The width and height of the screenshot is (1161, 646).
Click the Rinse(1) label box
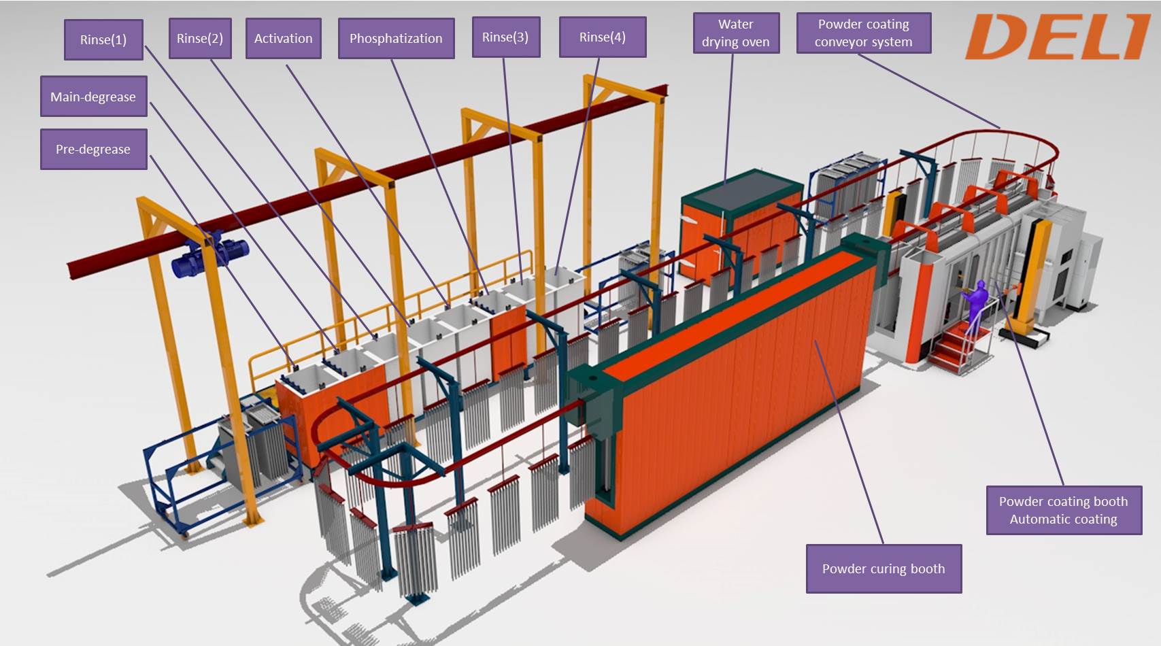(103, 39)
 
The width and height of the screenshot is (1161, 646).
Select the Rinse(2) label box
(200, 38)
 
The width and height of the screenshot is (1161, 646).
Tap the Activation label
(283, 38)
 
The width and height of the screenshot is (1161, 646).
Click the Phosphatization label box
(396, 38)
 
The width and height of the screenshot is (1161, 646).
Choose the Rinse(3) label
(505, 37)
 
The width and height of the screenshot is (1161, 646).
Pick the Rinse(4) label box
(603, 37)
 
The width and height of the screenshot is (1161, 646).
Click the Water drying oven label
(736, 33)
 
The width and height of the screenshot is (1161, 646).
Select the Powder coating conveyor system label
(863, 33)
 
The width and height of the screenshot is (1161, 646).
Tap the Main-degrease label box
(93, 97)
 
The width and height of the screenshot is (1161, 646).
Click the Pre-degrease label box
(93, 149)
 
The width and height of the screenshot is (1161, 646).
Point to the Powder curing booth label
(884, 568)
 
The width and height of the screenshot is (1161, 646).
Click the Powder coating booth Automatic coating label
(1063, 510)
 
